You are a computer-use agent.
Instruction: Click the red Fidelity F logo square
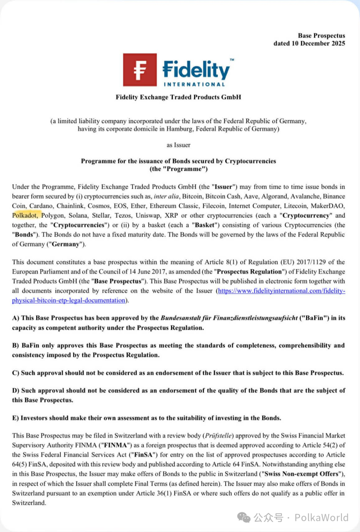click(140, 70)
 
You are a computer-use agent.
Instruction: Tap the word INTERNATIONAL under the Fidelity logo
click(194, 84)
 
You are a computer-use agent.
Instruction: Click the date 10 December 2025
click(318, 43)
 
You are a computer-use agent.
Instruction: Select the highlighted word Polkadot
click(25, 215)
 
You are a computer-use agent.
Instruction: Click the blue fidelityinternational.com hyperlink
click(281, 291)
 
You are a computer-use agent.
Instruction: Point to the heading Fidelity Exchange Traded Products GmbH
click(178, 97)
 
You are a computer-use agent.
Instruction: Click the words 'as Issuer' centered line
click(178, 145)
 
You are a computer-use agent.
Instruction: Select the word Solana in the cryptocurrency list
click(78, 215)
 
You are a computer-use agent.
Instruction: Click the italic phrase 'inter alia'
click(166, 196)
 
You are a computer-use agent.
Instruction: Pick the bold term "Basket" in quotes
click(205, 225)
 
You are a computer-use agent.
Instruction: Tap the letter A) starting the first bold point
click(16, 318)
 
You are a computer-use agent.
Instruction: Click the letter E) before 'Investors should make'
click(15, 418)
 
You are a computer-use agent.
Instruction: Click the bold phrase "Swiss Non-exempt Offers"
click(302, 474)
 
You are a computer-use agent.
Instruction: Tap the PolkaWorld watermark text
click(322, 518)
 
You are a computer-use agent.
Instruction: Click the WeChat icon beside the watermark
click(244, 518)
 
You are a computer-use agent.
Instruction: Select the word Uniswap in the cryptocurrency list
click(148, 215)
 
